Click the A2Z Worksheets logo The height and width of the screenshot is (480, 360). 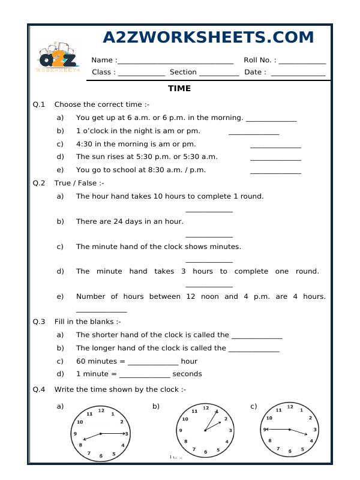59,58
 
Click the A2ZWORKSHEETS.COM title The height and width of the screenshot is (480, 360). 208,37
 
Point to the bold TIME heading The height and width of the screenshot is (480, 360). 179,89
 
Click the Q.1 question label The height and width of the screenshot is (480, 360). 39,104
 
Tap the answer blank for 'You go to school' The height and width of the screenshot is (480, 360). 275,172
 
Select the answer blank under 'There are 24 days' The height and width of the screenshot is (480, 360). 209,236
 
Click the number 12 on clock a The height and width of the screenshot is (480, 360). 101,410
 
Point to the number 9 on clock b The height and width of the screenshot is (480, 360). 181,431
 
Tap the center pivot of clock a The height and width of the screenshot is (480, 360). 101,433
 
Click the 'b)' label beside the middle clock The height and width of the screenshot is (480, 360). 155,406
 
